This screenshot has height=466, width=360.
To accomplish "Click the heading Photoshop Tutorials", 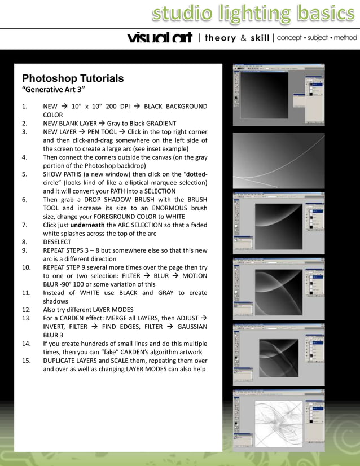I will (x=73, y=78).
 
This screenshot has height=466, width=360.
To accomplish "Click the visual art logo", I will (x=160, y=38).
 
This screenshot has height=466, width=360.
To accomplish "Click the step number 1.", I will (x=24, y=107).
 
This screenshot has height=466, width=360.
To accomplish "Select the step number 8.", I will (x=24, y=242).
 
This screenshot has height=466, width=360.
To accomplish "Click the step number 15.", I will (x=26, y=361).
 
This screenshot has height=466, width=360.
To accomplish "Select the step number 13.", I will (x=26, y=318).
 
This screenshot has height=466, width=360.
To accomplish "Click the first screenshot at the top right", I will (x=279, y=94).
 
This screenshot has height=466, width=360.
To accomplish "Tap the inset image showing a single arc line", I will (x=279, y=160).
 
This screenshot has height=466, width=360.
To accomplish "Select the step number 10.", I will (x=26, y=267).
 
